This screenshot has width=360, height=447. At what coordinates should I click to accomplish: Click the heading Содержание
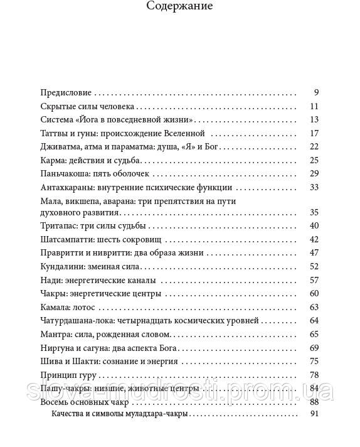[x=179, y=7]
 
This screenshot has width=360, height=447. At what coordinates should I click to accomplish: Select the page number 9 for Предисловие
[x=317, y=92]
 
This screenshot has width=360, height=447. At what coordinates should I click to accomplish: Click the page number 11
[x=315, y=106]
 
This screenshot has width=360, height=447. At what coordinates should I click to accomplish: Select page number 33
[x=315, y=187]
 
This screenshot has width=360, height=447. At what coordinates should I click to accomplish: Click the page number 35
[x=315, y=212]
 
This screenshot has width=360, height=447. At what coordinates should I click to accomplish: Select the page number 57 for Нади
[x=315, y=280]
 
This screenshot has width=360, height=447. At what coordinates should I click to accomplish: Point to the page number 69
[x=315, y=348]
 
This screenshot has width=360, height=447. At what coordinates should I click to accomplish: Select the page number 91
[x=315, y=414]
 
